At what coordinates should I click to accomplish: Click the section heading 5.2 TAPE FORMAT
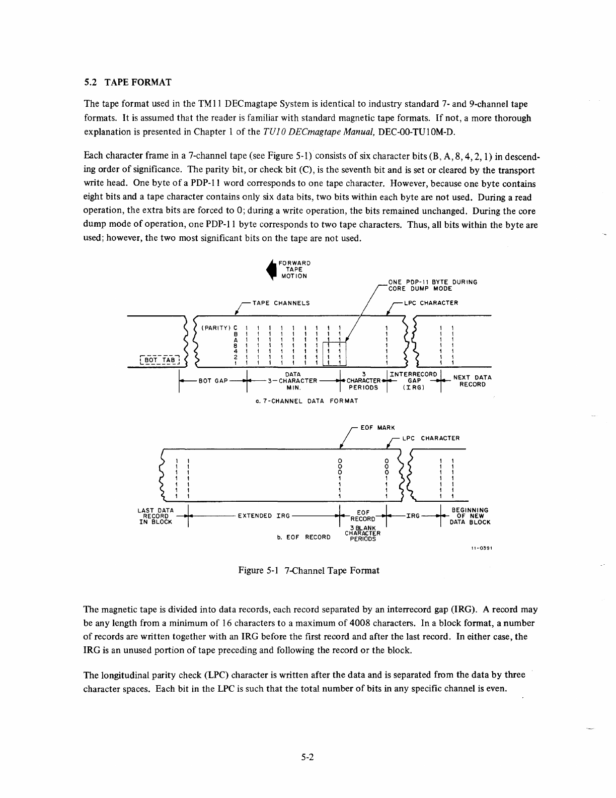[x=128, y=82]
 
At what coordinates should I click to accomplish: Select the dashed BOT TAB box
[x=159, y=360]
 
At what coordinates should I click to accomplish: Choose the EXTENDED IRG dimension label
[x=264, y=516]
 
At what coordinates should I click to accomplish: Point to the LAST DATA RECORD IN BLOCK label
[x=156, y=516]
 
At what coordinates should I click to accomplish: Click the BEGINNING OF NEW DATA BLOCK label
[x=470, y=516]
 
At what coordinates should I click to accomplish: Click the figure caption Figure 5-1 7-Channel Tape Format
[x=309, y=570]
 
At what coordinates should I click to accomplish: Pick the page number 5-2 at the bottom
[x=307, y=757]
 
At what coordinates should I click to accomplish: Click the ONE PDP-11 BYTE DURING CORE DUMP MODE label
[x=432, y=285]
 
